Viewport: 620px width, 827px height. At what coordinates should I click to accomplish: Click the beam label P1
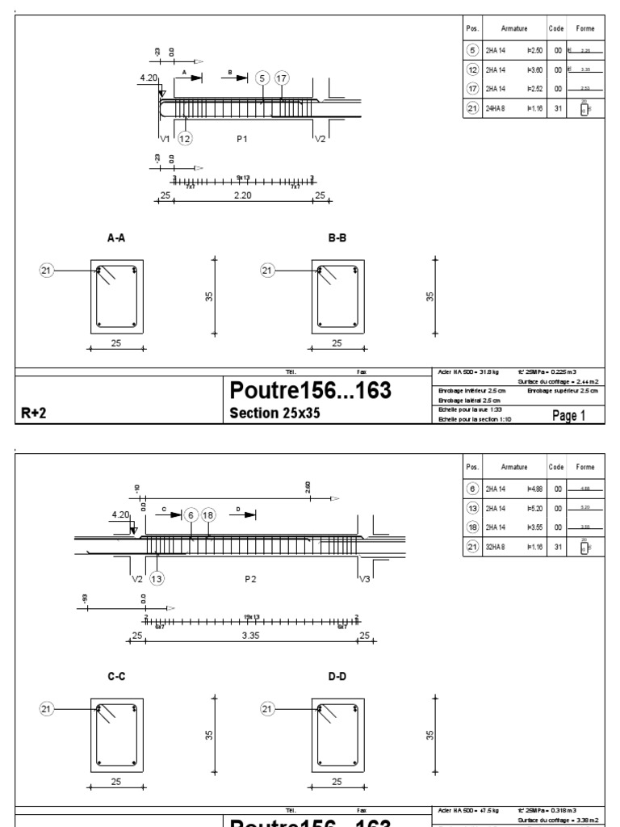pyautogui.click(x=241, y=139)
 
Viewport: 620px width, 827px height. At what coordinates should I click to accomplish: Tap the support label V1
pyautogui.click(x=164, y=139)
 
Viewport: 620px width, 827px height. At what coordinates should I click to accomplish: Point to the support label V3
pyautogui.click(x=366, y=578)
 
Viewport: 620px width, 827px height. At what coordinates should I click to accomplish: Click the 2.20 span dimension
pyautogui.click(x=243, y=195)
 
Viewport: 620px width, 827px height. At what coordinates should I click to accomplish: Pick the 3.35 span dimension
pyautogui.click(x=255, y=636)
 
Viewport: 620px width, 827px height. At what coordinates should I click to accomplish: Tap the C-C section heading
pyautogui.click(x=118, y=678)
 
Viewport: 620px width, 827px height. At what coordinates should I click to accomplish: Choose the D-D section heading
pyautogui.click(x=337, y=678)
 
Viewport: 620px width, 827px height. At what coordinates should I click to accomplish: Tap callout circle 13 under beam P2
pyautogui.click(x=157, y=578)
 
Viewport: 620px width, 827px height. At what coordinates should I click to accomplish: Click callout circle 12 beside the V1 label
pyautogui.click(x=185, y=139)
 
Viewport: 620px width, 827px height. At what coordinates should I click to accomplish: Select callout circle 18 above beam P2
pyautogui.click(x=208, y=514)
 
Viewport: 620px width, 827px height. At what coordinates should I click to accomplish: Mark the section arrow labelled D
pyautogui.click(x=245, y=514)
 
